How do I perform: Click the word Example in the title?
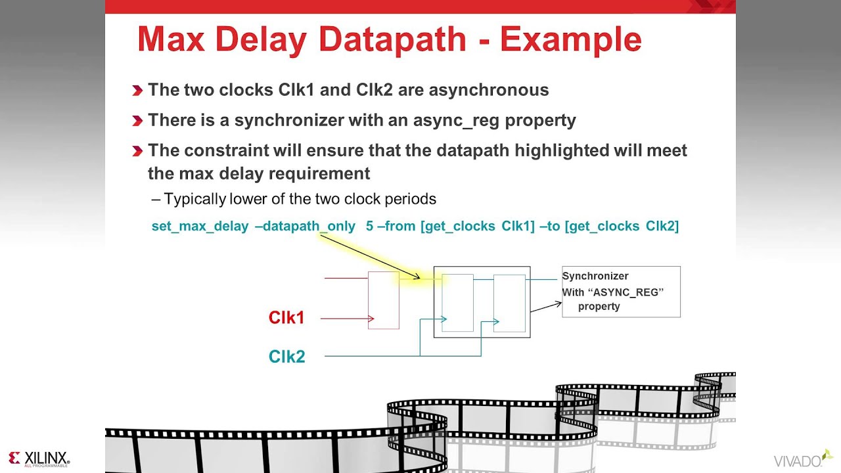[570, 40]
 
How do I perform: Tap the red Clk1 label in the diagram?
[286, 318]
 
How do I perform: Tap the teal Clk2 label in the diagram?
[286, 357]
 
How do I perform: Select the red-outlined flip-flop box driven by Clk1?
[383, 300]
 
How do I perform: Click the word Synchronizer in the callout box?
[595, 277]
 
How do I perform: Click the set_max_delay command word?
[200, 227]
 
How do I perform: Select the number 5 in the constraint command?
[369, 227]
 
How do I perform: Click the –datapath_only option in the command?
[305, 227]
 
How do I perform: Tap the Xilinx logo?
[39, 459]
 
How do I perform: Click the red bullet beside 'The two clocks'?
[137, 91]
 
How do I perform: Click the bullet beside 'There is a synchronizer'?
[137, 121]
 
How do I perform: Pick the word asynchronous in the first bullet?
[489, 90]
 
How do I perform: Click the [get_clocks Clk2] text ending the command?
[622, 227]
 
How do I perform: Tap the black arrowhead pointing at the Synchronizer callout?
[558, 304]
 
